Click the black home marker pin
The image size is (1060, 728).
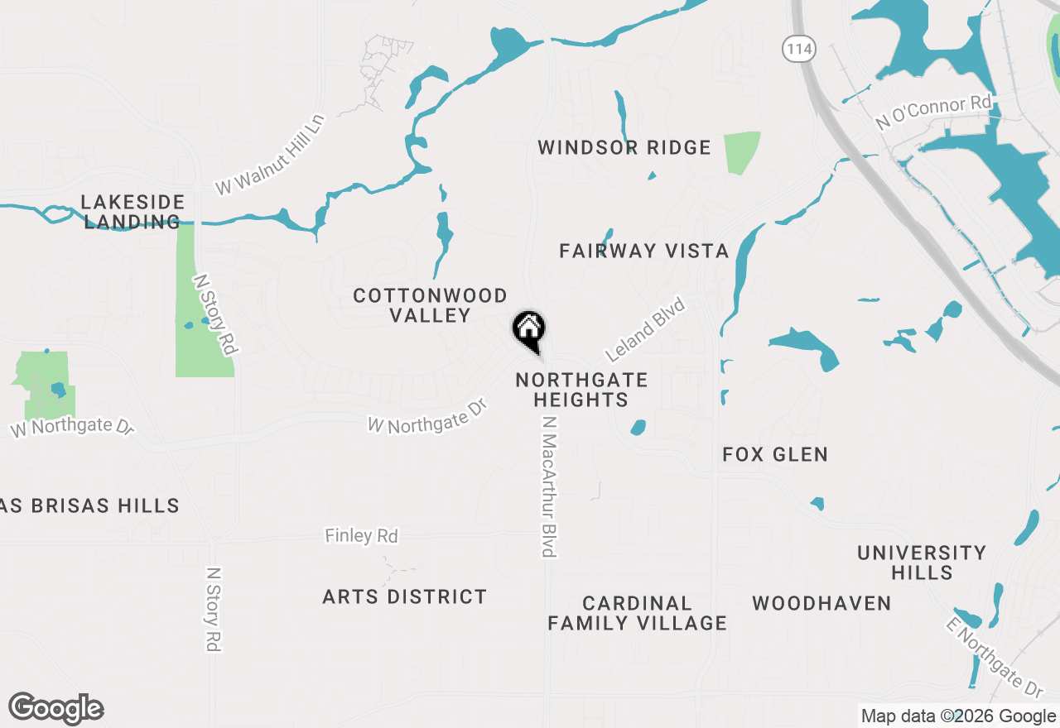click(528, 330)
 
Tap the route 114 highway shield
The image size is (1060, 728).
click(798, 50)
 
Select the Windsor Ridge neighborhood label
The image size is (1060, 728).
click(624, 148)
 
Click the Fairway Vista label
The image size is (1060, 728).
click(643, 251)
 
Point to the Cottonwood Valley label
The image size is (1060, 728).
click(430, 305)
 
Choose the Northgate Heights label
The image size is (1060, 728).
click(581, 390)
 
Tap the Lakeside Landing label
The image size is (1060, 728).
click(132, 212)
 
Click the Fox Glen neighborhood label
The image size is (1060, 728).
click(775, 454)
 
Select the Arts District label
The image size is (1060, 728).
click(404, 596)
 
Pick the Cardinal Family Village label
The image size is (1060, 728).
click(637, 613)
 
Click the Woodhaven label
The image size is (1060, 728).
click(821, 603)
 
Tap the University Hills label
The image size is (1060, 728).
click(922, 563)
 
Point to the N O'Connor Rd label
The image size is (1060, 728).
click(933, 113)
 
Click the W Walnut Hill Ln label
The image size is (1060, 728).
click(270, 155)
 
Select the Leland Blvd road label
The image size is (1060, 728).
click(646, 330)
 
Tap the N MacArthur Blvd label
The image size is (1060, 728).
click(547, 486)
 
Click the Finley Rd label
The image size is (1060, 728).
click(361, 536)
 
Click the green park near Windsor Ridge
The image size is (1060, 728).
click(741, 151)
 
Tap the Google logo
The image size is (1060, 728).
click(56, 708)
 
